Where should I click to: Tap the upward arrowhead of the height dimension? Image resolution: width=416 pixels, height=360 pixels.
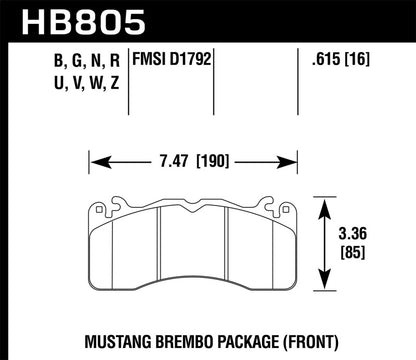[325, 203]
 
